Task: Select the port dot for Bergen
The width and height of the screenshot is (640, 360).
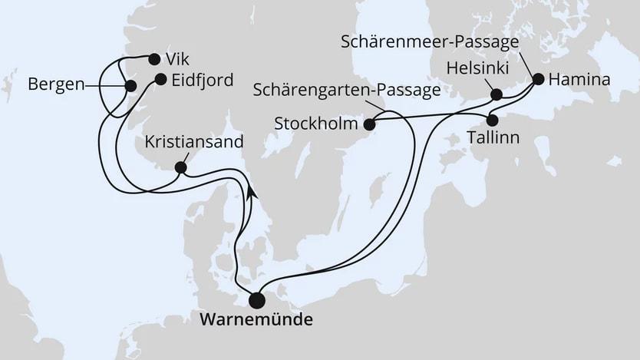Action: click(130, 86)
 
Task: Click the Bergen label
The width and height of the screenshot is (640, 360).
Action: click(56, 84)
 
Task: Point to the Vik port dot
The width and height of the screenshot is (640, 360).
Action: click(154, 59)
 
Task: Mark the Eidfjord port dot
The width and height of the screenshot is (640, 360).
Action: click(160, 78)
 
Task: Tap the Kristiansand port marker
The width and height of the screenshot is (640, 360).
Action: click(180, 167)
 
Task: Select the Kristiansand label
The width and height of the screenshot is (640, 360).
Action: click(194, 142)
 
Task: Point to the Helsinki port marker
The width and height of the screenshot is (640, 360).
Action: click(496, 96)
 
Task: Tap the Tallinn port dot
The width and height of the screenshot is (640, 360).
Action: click(493, 120)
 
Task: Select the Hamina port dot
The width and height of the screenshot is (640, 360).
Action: click(538, 79)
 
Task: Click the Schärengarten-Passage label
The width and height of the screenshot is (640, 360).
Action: click(346, 91)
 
